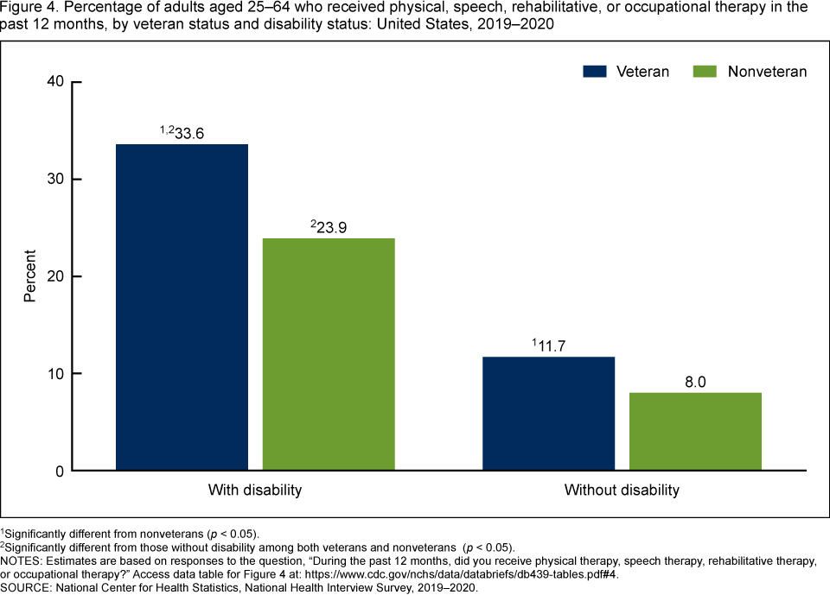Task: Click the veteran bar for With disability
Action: coord(182,307)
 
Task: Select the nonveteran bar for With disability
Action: coord(329,354)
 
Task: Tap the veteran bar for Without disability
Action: coord(549,414)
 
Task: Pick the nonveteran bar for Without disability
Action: coord(695,432)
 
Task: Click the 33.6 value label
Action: coord(188,134)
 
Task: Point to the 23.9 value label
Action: coord(334,228)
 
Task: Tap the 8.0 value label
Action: coord(695,382)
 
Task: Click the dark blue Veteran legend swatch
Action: coord(594,72)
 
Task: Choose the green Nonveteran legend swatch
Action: coord(705,72)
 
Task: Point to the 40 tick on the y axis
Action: coord(55,82)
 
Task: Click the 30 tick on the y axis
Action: coord(55,180)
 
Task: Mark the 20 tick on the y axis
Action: coord(55,276)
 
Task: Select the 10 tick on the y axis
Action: coord(55,374)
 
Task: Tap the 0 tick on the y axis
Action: coord(60,472)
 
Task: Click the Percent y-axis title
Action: coord(30,276)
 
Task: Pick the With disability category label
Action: coord(255,491)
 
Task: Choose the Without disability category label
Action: coord(622,491)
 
